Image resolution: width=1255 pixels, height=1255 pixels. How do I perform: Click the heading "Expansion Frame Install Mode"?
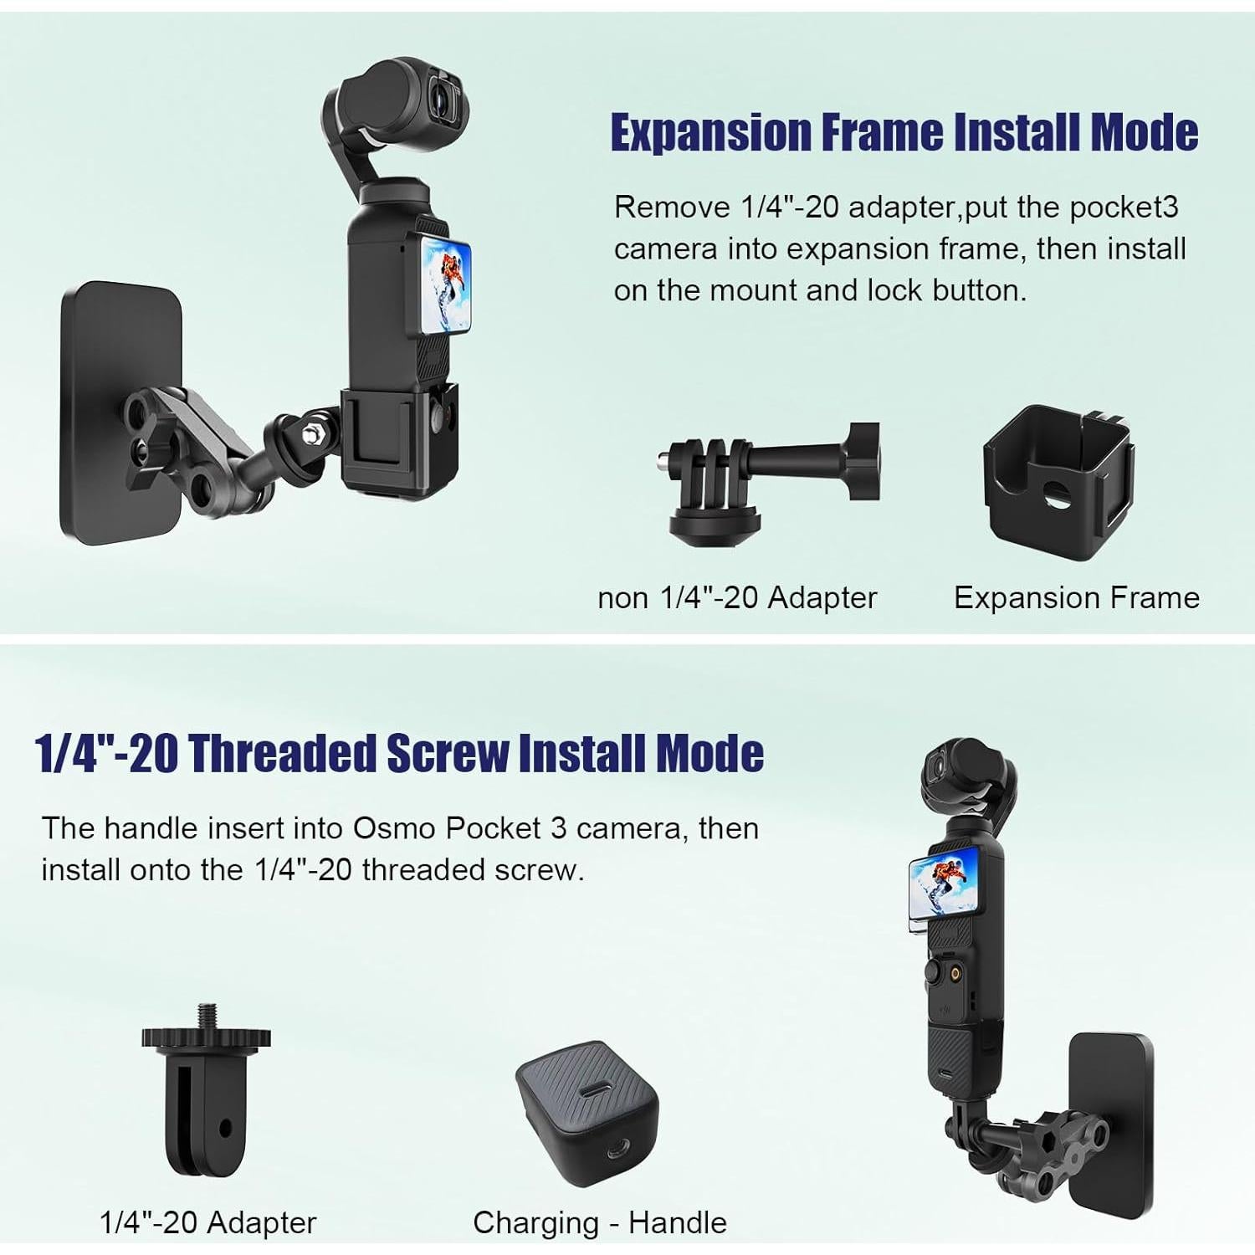(904, 132)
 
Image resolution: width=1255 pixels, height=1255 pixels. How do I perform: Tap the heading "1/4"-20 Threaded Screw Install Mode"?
(399, 753)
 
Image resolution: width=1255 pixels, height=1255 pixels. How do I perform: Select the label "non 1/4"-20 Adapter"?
(736, 597)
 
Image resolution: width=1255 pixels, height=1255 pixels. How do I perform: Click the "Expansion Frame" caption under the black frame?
(1076, 597)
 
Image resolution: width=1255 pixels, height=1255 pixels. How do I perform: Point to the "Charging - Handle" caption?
(599, 1222)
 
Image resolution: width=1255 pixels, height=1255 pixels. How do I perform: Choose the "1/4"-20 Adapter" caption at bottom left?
(207, 1222)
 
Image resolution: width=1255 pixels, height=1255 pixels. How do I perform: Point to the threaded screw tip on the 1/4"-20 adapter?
(206, 1014)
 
